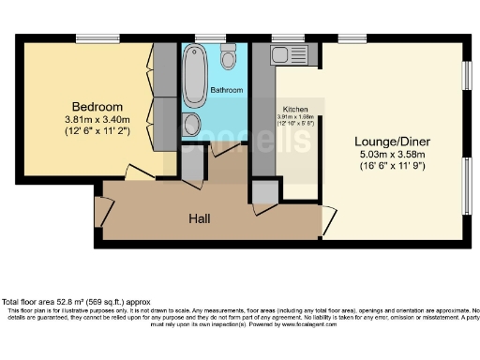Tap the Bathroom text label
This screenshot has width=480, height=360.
click(x=227, y=90)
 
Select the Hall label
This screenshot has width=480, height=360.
click(x=198, y=219)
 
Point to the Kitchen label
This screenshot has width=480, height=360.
click(x=295, y=109)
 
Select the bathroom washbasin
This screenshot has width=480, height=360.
click(x=190, y=124)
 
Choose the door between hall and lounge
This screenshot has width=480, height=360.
click(x=327, y=220)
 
